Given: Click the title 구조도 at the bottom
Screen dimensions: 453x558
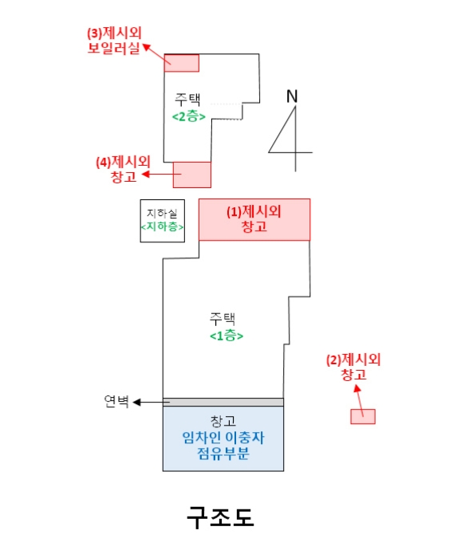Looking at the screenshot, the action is [x=220, y=517].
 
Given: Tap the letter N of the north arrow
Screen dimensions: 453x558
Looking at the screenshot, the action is [x=292, y=96].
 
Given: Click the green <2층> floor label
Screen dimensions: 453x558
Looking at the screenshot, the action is [x=189, y=116].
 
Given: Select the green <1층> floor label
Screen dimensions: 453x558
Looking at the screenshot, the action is [x=226, y=336].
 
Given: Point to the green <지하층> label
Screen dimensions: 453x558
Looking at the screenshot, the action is [x=163, y=226].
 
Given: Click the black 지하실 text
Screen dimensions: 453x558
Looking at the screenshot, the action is [x=162, y=214].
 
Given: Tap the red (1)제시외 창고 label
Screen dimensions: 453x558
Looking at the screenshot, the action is [x=254, y=219].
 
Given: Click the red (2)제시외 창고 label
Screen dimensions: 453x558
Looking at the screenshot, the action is [x=353, y=367].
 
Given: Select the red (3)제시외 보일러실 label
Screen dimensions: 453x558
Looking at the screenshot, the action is [x=114, y=40].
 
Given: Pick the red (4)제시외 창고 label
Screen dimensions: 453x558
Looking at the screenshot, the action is [x=124, y=169].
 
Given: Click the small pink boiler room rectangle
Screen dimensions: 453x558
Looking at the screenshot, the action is [x=182, y=63].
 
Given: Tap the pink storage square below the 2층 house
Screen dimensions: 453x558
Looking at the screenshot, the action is [x=192, y=175].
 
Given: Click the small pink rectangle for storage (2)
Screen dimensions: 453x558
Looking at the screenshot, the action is [x=363, y=416].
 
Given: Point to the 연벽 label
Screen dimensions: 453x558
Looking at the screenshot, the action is [x=116, y=402].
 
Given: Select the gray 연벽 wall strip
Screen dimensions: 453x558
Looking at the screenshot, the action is [x=223, y=402].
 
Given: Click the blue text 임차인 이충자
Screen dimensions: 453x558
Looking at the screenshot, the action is [x=223, y=438].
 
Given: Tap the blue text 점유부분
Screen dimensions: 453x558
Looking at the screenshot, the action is [x=223, y=454].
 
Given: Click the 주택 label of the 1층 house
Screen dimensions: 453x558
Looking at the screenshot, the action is [x=223, y=319].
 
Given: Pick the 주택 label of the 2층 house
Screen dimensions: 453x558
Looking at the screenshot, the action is [x=187, y=100].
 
